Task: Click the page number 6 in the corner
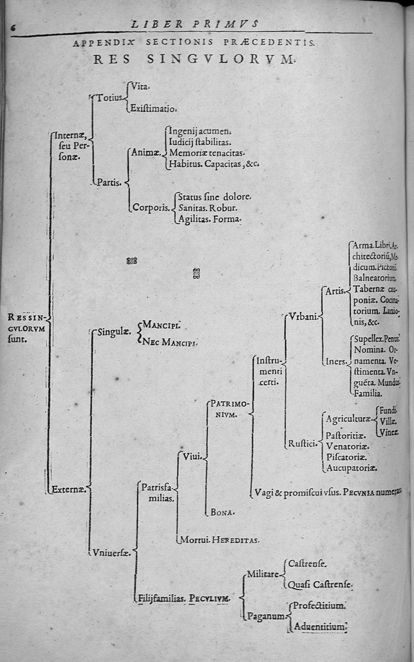(x=13, y=29)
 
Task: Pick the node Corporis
(x=151, y=208)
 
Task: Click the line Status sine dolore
(x=214, y=197)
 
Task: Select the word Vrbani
(x=303, y=317)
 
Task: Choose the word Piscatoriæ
(x=347, y=457)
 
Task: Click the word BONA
(x=223, y=512)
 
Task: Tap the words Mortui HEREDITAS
(x=218, y=540)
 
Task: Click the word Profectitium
(x=319, y=605)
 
